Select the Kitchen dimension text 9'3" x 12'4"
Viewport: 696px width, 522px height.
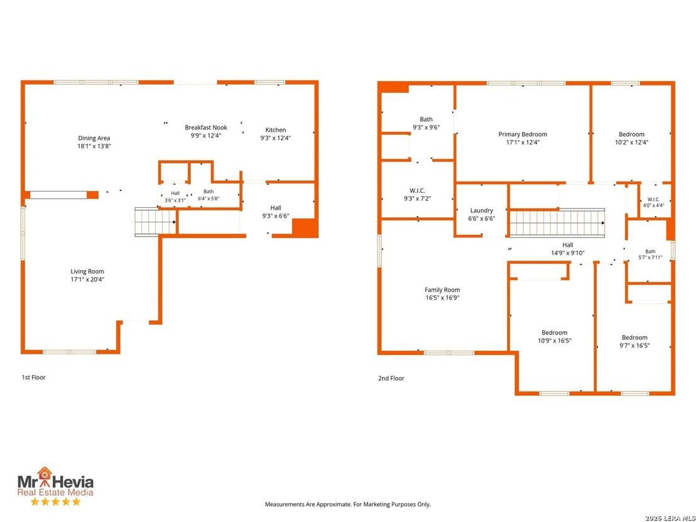click(276, 138)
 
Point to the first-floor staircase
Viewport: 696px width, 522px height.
click(155, 222)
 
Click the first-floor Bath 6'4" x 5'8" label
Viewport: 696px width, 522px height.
click(209, 195)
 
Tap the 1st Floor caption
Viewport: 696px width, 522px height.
click(34, 378)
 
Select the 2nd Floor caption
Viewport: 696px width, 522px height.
click(391, 378)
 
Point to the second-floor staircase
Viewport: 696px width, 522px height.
click(557, 223)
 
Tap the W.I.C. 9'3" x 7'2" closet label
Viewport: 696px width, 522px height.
click(417, 195)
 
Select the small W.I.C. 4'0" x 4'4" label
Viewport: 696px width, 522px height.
click(653, 202)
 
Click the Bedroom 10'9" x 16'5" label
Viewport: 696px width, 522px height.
click(555, 337)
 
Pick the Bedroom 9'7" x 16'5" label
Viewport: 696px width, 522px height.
click(634, 341)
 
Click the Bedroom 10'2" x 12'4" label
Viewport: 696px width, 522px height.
click(632, 138)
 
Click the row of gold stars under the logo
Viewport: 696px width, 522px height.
click(55, 501)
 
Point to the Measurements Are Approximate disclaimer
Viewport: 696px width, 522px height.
click(348, 504)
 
